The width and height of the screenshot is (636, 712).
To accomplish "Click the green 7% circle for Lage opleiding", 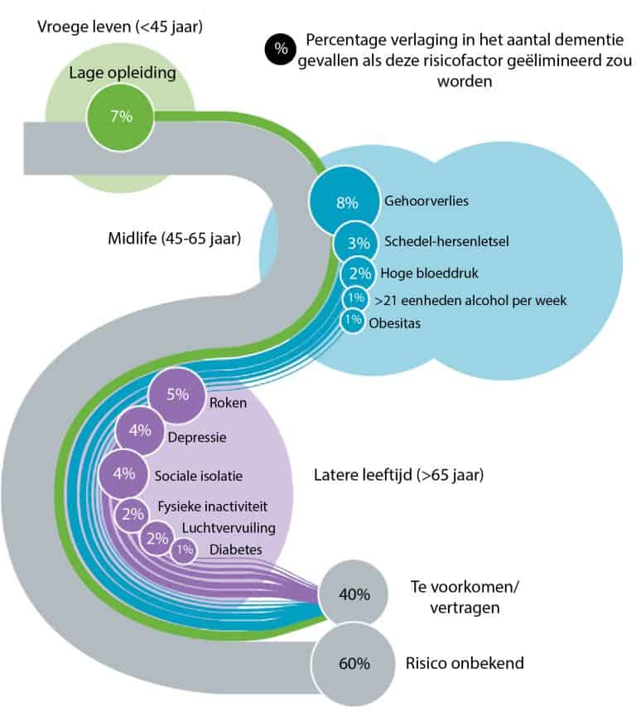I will [121, 116].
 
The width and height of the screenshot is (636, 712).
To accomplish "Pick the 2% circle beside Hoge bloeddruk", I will [358, 273].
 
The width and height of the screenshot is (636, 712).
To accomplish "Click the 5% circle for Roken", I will [176, 396].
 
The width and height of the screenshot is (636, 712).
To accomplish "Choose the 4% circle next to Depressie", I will [139, 431].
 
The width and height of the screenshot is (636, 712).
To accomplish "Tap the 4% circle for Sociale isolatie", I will [123, 475].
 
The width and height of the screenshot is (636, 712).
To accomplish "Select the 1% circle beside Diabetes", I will [184, 549].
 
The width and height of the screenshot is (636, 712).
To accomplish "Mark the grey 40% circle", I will [354, 593].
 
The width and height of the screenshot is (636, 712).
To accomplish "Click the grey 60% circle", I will [354, 663].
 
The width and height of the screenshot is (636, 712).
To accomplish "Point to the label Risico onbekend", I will [465, 663].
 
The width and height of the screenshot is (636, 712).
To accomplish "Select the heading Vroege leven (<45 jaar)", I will [120, 27].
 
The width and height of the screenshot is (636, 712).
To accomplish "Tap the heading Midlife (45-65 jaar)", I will [174, 240].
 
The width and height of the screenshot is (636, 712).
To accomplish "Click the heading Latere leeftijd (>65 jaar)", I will [398, 476].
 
